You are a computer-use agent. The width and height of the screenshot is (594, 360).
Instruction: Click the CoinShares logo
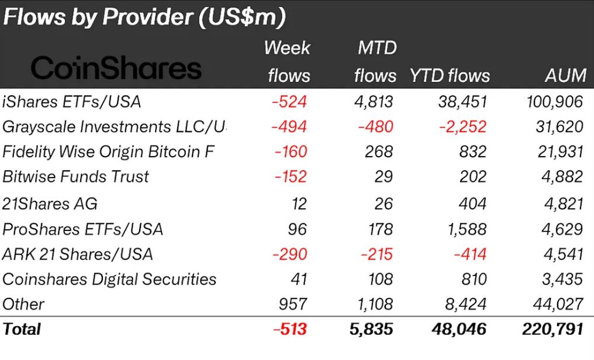115,68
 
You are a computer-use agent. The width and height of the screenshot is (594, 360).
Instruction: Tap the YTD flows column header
450,75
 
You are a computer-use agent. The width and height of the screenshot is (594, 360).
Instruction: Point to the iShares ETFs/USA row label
72,102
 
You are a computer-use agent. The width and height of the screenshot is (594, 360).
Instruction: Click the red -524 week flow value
289,102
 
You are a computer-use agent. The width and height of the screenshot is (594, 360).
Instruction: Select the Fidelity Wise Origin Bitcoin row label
108,152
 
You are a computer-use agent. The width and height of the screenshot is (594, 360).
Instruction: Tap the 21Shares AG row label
50,203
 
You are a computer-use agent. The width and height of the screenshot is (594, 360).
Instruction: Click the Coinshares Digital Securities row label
109,279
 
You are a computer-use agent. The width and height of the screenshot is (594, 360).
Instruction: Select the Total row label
22,329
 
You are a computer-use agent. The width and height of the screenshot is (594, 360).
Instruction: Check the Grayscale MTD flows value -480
375,126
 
